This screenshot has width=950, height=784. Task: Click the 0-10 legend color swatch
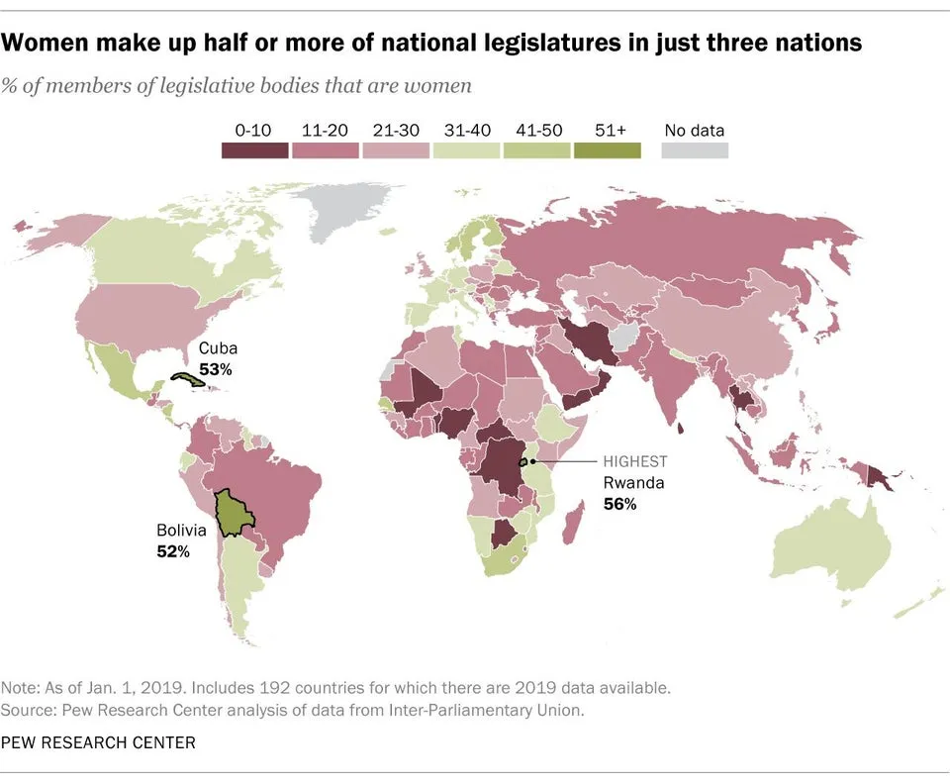click(x=254, y=150)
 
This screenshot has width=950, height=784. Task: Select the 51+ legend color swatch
click(x=607, y=150)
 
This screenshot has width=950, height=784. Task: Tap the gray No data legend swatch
click(x=695, y=150)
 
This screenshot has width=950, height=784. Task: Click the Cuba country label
click(x=218, y=349)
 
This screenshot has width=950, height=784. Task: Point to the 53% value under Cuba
click(x=215, y=369)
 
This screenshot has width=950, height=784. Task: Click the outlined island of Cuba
click(x=187, y=378)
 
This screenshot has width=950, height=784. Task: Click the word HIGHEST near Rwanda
click(x=635, y=461)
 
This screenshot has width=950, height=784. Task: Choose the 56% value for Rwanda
click(x=619, y=504)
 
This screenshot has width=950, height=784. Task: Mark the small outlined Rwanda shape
click(x=523, y=461)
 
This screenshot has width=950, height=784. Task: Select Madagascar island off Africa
click(x=572, y=523)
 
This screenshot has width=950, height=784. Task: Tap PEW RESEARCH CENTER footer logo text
click(x=98, y=742)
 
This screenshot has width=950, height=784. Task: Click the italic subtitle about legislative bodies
click(x=237, y=85)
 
